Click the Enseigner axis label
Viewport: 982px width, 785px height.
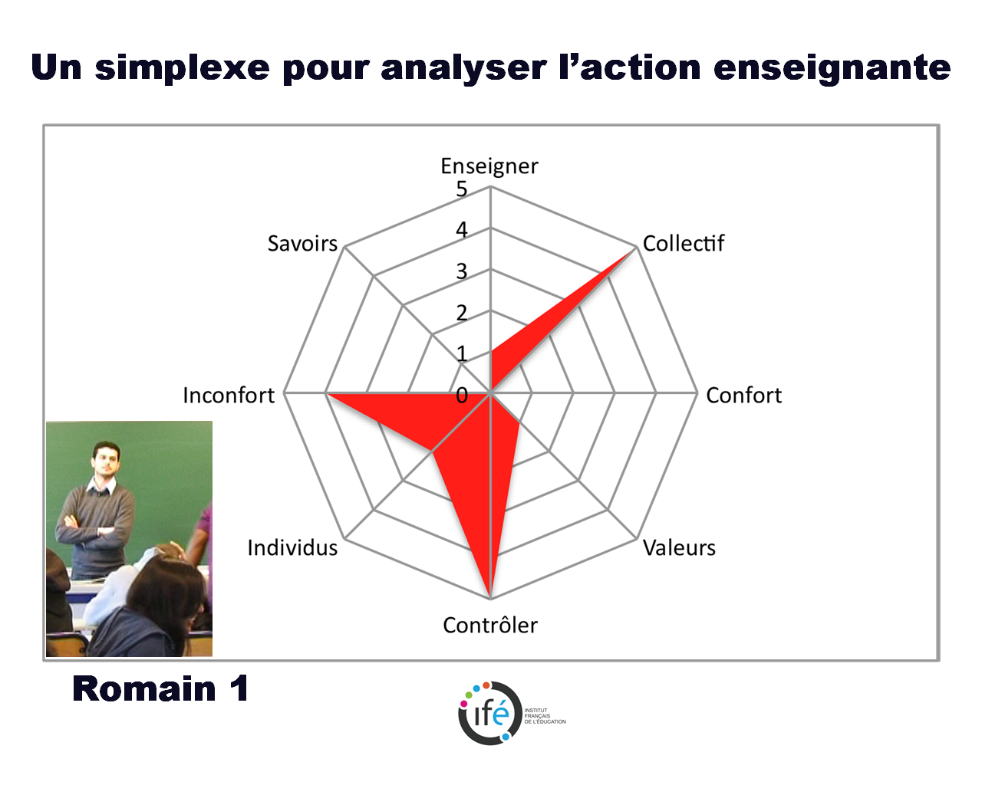pyautogui.click(x=489, y=167)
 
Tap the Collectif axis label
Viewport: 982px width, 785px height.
pyautogui.click(x=683, y=243)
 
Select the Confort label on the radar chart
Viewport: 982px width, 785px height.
pyautogui.click(x=744, y=396)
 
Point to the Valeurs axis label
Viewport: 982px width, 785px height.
pyautogui.click(x=679, y=548)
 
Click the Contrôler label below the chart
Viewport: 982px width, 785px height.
pyautogui.click(x=490, y=625)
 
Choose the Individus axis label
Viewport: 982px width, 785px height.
pyautogui.click(x=292, y=548)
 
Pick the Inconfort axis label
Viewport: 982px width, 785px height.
pyautogui.click(x=229, y=396)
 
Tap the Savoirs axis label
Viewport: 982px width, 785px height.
pyautogui.click(x=302, y=244)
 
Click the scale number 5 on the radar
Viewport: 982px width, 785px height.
pyautogui.click(x=462, y=189)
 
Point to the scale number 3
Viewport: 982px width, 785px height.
pyautogui.click(x=462, y=272)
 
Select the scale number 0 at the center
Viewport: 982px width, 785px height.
pyautogui.click(x=462, y=396)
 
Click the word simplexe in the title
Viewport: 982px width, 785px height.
pyautogui.click(x=183, y=68)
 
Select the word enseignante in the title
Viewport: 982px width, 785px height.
pyautogui.click(x=832, y=68)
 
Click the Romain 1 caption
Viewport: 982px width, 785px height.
pyautogui.click(x=160, y=688)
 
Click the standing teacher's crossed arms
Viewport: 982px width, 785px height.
pyautogui.click(x=91, y=527)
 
